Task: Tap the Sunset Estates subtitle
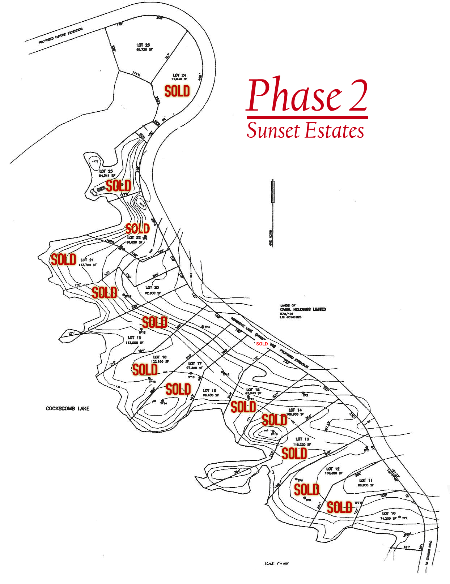click(305, 130)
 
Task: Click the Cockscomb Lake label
click(67, 408)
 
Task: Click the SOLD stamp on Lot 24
click(177, 91)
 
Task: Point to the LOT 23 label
click(106, 171)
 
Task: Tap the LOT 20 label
click(152, 287)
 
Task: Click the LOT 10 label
click(389, 513)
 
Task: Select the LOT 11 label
click(366, 480)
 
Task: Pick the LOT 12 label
click(333, 469)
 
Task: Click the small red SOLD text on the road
click(262, 344)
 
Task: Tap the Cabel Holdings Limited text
click(303, 309)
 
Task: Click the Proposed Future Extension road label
click(60, 36)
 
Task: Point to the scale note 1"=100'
click(276, 563)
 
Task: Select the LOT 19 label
click(134, 338)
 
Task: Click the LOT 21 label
click(87, 260)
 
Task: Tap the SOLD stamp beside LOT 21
click(64, 259)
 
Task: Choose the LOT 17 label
click(195, 364)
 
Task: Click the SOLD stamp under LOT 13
click(294, 454)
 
